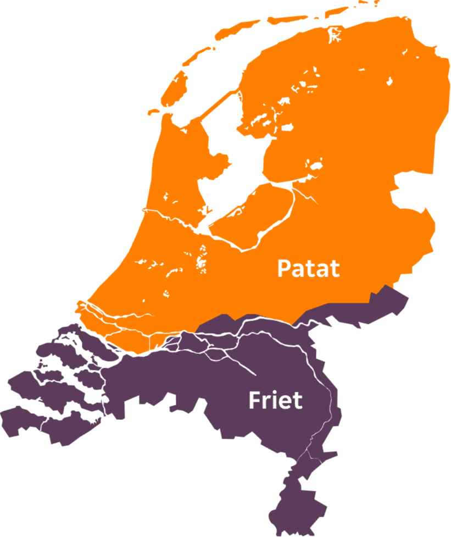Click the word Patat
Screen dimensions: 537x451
(308, 269)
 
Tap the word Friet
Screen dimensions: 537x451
(275, 400)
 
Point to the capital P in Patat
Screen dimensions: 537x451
(283, 269)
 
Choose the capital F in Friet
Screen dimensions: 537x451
(254, 400)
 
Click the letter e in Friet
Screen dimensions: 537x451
(285, 402)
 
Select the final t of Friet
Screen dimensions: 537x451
(297, 401)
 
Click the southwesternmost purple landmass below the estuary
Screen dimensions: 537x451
(33, 423)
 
